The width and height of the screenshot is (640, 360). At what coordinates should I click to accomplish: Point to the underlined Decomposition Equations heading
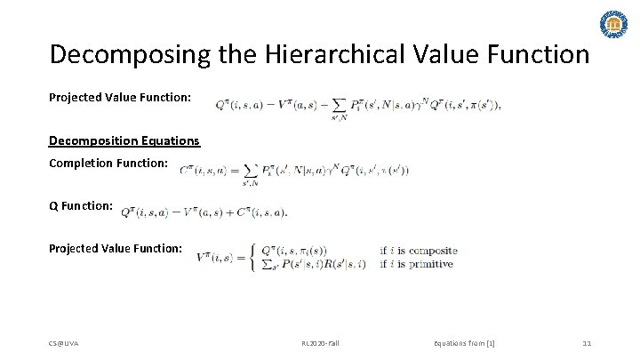124,140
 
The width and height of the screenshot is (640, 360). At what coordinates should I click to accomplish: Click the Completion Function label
108,164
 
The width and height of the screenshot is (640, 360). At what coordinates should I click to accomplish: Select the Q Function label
81,206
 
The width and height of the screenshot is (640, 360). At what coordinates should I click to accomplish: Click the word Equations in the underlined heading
168,140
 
